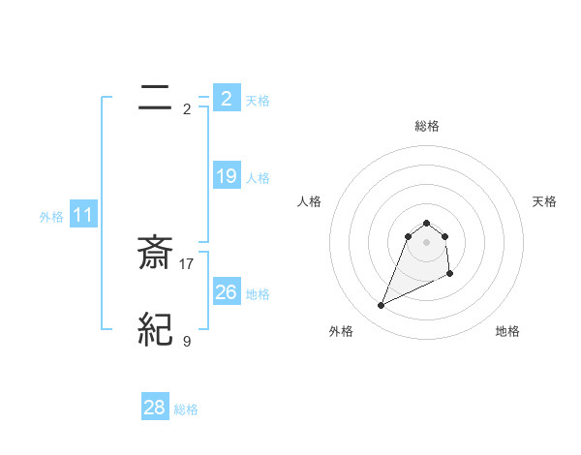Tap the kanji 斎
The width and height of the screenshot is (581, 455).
coord(156,254)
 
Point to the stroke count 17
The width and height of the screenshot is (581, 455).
coord(187,263)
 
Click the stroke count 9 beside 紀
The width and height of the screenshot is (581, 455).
coord(187,341)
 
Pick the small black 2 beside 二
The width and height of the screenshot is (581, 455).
coord(187,108)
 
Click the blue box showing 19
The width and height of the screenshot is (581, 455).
coord(227,176)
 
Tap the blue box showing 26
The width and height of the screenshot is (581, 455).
coord(227,291)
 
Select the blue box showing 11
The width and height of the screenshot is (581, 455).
coord(83,215)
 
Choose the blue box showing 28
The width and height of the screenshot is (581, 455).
coord(155,408)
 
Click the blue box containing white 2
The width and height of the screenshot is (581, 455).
coord(227,99)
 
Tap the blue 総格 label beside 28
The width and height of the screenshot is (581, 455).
coord(187,409)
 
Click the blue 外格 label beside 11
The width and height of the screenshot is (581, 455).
coord(51,218)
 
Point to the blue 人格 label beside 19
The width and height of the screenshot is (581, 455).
coord(258,178)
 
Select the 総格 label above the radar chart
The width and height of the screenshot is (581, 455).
coord(426,126)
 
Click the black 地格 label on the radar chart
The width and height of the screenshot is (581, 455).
coord(507,331)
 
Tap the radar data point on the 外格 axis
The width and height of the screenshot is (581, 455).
coord(381,306)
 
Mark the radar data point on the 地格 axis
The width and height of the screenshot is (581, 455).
coord(451,275)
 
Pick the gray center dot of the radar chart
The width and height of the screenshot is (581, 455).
coord(426,242)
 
